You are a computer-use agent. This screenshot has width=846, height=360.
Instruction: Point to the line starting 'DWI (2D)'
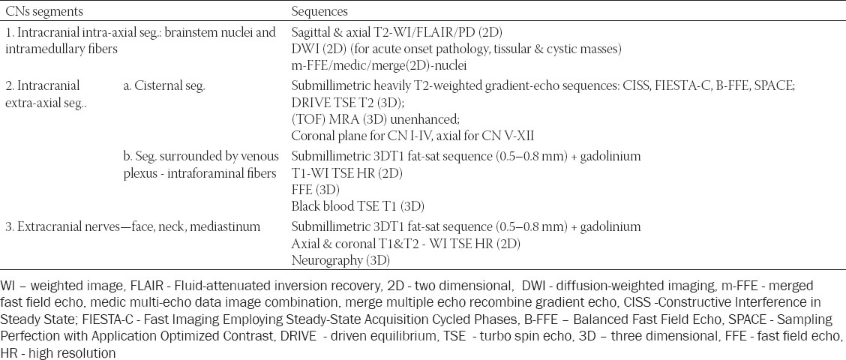(457, 49)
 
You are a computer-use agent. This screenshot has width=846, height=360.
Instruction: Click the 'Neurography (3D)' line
(340, 261)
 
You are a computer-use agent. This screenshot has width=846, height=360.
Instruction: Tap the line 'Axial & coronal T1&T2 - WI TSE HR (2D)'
(406, 244)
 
